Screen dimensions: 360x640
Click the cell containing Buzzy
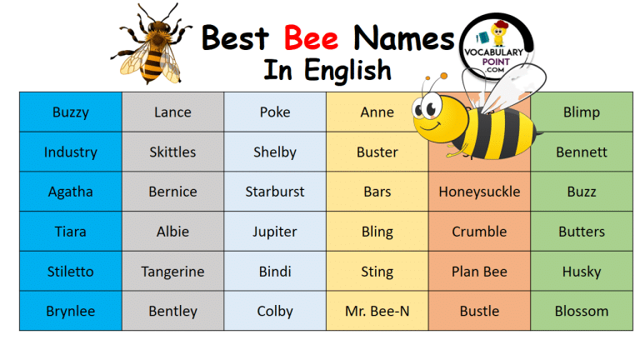70,112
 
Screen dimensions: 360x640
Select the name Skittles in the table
172,152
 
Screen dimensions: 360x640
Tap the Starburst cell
274,192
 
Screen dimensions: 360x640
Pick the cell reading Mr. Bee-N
377,312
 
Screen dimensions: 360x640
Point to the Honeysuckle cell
479,192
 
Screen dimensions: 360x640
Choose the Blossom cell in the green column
582,312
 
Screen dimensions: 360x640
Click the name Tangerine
172,272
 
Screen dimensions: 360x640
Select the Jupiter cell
274,232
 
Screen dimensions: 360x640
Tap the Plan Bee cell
479,272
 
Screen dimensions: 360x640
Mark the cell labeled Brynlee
70,312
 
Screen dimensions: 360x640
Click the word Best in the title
238,37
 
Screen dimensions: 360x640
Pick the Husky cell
582,272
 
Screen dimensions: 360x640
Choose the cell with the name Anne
377,112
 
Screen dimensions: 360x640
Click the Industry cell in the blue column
70,152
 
